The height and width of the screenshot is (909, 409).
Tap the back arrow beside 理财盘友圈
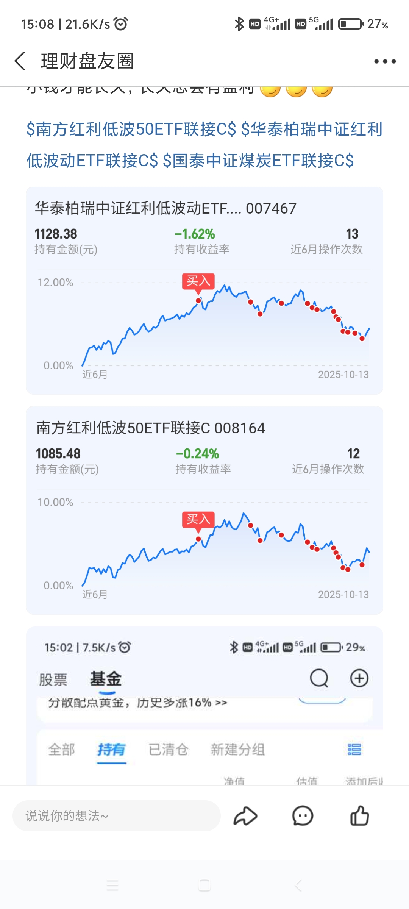click(x=20, y=61)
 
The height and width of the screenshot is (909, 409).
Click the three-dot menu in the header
click(x=385, y=61)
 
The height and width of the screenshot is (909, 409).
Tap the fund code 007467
click(x=271, y=208)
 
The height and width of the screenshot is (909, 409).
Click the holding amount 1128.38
click(x=56, y=234)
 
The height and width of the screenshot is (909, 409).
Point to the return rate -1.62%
click(x=195, y=234)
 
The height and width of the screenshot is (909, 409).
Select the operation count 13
click(x=352, y=234)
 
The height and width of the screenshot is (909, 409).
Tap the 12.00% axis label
click(x=55, y=283)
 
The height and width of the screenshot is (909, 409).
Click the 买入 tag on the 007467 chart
click(x=198, y=281)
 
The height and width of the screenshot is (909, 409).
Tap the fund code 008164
click(x=240, y=428)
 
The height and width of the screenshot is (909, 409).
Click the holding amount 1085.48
click(x=58, y=454)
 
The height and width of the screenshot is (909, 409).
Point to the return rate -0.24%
click(x=197, y=454)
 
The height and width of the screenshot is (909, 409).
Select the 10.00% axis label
click(x=55, y=502)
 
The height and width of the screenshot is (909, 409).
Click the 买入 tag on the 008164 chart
click(x=198, y=519)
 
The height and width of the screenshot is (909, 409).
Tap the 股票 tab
click(x=53, y=679)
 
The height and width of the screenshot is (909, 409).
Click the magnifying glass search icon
click(x=319, y=678)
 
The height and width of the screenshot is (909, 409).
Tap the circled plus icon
click(x=359, y=678)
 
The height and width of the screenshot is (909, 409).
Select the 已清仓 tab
click(x=168, y=750)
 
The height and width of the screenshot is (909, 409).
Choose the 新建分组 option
click(x=237, y=750)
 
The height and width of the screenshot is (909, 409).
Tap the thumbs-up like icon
click(x=359, y=816)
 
